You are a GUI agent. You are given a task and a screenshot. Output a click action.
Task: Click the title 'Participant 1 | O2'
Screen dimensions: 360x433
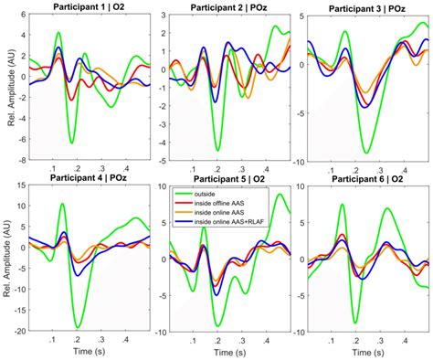[x=81, y=8]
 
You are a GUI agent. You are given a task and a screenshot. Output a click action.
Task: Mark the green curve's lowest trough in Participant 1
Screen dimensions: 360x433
[x=71, y=143]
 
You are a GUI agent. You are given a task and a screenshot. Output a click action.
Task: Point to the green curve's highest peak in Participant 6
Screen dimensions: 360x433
[x=342, y=205]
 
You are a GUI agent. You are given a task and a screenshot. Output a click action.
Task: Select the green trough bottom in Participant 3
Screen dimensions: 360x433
[x=366, y=153]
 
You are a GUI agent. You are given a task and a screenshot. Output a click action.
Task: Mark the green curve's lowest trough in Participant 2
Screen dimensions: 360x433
[x=217, y=150]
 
